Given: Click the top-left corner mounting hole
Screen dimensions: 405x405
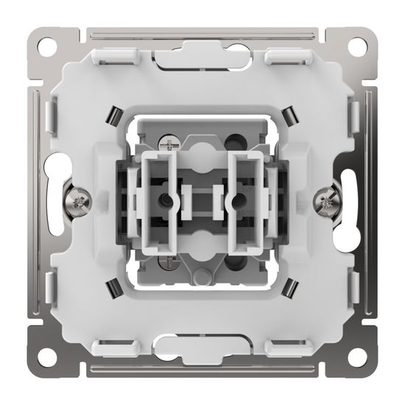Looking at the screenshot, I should tap(48, 44).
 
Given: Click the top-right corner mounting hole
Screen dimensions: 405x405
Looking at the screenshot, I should tap(357, 44).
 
